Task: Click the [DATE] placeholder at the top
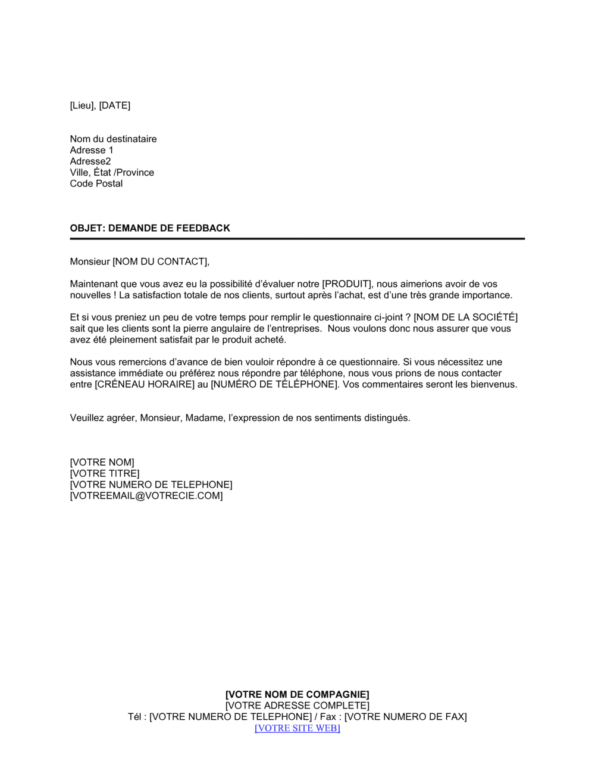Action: click(x=114, y=105)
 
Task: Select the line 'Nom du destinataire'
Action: click(x=113, y=139)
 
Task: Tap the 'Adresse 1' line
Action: click(x=92, y=150)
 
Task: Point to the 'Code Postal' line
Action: click(x=96, y=183)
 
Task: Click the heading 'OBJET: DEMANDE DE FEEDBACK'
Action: click(x=150, y=228)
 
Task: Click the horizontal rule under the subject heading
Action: click(x=297, y=239)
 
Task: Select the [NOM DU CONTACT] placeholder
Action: click(x=161, y=261)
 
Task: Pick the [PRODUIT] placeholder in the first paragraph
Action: click(x=346, y=284)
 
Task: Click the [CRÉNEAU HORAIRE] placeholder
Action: click(x=145, y=384)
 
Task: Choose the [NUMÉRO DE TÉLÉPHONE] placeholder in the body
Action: click(x=274, y=384)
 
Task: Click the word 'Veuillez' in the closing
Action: click(x=87, y=418)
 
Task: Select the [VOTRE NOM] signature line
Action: click(x=102, y=462)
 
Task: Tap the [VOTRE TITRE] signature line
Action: click(x=105, y=473)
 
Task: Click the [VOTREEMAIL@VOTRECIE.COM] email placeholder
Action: click(x=146, y=495)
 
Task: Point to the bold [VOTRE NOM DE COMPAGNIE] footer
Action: click(x=297, y=694)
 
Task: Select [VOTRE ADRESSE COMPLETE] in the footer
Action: click(x=297, y=705)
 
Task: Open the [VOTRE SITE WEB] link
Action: click(x=297, y=728)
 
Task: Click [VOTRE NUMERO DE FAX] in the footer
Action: click(x=406, y=717)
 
